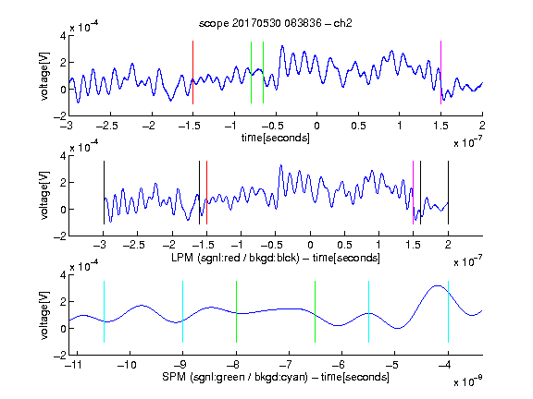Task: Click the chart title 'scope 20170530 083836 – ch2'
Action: coord(276,23)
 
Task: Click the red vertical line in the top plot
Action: coord(192,72)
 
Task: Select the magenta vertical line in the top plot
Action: coord(440,72)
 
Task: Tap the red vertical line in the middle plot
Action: coord(206,192)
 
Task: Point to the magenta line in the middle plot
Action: coord(413,192)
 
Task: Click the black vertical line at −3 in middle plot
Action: coord(104,192)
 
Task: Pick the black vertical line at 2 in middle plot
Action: coord(448,192)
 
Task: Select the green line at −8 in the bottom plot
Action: coord(236,311)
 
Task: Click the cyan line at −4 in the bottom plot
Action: coord(448,311)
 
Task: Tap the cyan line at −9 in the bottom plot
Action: coord(182,311)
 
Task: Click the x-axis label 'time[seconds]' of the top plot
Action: coord(276,138)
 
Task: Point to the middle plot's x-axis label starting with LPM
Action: coord(276,258)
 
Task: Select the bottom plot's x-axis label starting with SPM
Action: coord(276,377)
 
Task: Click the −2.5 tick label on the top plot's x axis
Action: coord(107,126)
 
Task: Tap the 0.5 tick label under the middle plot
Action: coord(344,245)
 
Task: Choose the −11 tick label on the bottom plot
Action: coord(74,365)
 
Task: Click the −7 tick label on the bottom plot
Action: coord(286,365)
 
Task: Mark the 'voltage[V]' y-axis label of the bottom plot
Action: coord(44,315)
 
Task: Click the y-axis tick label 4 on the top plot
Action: coord(63,35)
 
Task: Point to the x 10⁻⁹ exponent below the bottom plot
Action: coord(468,381)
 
